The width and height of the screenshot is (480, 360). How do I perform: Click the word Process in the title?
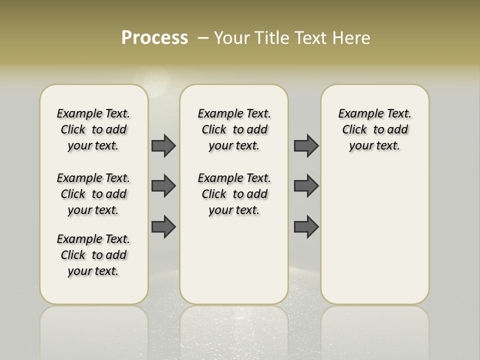(154, 38)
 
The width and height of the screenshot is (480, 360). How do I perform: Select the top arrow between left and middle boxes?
(163, 146)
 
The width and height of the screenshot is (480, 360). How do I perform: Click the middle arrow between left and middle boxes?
(163, 186)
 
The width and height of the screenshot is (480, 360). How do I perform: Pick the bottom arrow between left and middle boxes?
(163, 226)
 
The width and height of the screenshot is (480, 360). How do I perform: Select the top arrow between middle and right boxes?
(306, 146)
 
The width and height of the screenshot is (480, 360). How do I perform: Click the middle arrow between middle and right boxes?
(306, 186)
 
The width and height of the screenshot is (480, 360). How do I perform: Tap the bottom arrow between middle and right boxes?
(306, 226)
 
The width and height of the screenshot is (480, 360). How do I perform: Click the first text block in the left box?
(93, 129)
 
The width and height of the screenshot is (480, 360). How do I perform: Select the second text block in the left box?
(93, 194)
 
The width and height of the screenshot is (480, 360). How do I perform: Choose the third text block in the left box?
(93, 255)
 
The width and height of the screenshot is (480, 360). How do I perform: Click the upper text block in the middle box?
(234, 129)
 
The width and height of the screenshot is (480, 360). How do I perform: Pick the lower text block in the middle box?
(234, 194)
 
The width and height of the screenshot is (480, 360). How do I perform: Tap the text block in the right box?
(375, 129)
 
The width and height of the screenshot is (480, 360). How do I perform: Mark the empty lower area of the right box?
(375, 235)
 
